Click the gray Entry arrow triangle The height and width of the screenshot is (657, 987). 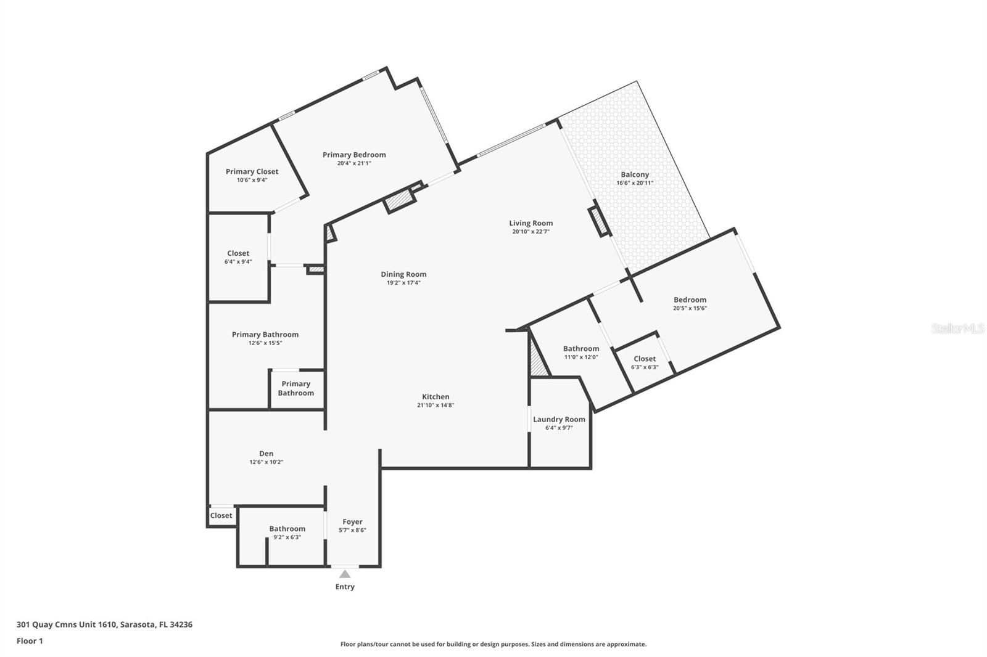(345, 574)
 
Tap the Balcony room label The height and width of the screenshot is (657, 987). (635, 174)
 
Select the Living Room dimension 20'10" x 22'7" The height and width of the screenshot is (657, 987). (531, 232)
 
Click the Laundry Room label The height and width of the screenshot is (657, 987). (559, 419)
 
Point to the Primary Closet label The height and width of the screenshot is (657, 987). (252, 171)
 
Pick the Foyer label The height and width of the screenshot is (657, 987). (352, 521)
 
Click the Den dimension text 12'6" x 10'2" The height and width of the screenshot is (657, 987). (266, 462)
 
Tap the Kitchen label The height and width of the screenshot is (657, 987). (436, 396)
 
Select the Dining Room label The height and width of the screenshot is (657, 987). (403, 274)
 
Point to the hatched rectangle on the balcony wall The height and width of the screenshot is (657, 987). (598, 222)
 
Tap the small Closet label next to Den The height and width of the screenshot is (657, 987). (221, 515)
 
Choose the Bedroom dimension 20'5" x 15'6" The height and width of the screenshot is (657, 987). (690, 308)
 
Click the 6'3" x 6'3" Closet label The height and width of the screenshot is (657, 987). (645, 359)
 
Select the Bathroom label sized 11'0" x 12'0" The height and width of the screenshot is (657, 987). (580, 348)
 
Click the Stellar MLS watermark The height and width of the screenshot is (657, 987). (957, 328)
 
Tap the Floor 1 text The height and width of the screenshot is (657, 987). (30, 641)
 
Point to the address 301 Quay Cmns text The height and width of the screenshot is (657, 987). (104, 624)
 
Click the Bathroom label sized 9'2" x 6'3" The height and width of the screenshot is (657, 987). (287, 529)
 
